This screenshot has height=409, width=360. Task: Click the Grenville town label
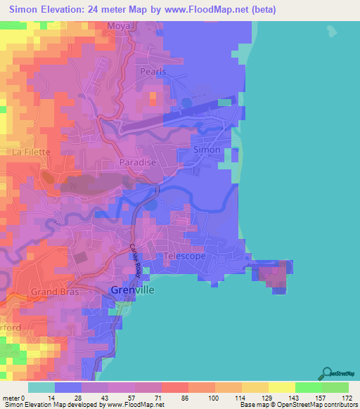pyautogui.click(x=133, y=290)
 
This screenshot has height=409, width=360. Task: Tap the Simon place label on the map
pyautogui.click(x=207, y=150)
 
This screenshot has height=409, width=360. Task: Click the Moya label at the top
pyautogui.click(x=119, y=27)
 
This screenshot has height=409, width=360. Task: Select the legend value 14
pyautogui.click(x=51, y=397)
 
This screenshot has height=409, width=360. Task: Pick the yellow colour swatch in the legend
pyautogui.click(x=281, y=387)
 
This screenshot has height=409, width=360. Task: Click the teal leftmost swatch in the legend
pyautogui.click(x=41, y=387)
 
